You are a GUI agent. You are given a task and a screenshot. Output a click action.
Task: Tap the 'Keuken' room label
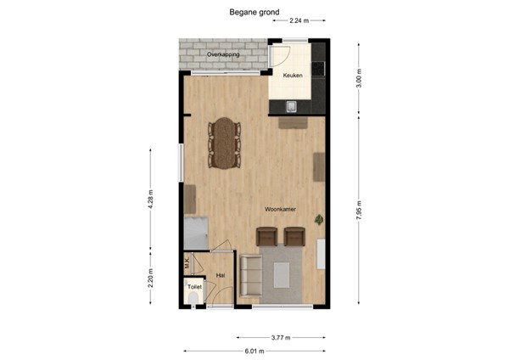pyautogui.click(x=292, y=76)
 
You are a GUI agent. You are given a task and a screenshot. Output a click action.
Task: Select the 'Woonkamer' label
pyautogui.click(x=279, y=208)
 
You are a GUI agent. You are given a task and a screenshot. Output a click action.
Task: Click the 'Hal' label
pyautogui.click(x=221, y=275)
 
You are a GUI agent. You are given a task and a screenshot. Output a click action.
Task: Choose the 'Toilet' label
pyautogui.click(x=194, y=288)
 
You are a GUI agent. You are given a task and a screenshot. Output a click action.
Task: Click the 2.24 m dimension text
pyautogui.click(x=299, y=20)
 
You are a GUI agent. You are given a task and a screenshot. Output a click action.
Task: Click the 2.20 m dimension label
pyautogui.click(x=150, y=279)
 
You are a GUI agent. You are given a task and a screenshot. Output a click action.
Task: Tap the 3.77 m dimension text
pyautogui.click(x=281, y=338)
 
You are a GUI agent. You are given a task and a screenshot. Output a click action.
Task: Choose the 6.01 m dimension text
pyautogui.click(x=255, y=350)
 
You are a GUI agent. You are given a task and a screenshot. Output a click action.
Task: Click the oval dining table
pyautogui.click(x=224, y=141)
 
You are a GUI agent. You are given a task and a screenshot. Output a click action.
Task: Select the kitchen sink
pyautogui.click(x=291, y=106)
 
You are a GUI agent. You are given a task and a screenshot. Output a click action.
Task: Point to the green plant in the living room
pyautogui.click(x=319, y=219)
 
